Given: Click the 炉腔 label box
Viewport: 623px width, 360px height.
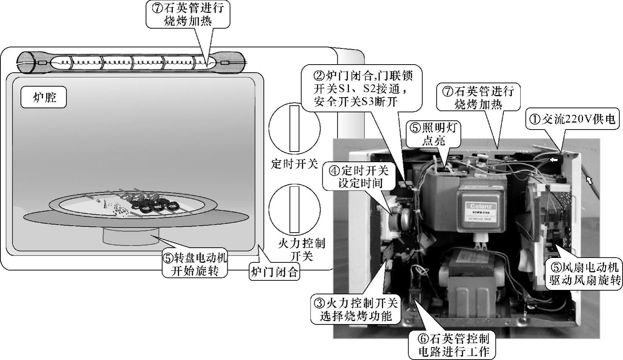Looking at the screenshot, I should (x=44, y=97).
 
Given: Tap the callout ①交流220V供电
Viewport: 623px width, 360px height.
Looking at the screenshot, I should (x=574, y=119).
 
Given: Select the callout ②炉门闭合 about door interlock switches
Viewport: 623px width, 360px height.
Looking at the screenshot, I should (x=361, y=88).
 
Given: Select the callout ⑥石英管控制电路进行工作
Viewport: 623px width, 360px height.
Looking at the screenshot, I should (x=452, y=345).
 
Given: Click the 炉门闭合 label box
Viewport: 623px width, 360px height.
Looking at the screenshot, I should (x=274, y=272).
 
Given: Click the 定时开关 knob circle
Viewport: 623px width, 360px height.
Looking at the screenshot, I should (x=294, y=128).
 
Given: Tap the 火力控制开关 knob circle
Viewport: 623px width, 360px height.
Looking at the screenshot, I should (x=294, y=209).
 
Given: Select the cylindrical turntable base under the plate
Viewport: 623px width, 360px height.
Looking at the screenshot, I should (x=131, y=235).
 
